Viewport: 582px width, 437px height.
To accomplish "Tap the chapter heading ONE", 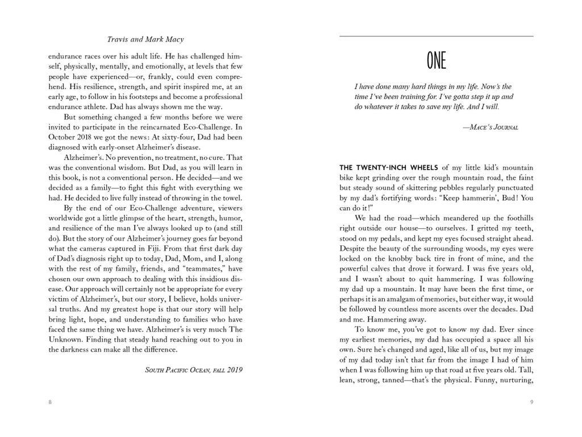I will pyautogui.click(x=436, y=61).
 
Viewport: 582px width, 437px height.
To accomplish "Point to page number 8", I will pyautogui.click(x=50, y=402).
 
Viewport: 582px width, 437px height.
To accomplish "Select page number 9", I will pyautogui.click(x=531, y=402).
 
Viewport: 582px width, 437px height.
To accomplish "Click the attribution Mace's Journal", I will pyautogui.click(x=490, y=127).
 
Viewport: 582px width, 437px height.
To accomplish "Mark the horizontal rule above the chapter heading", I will pyautogui.click(x=436, y=36).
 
